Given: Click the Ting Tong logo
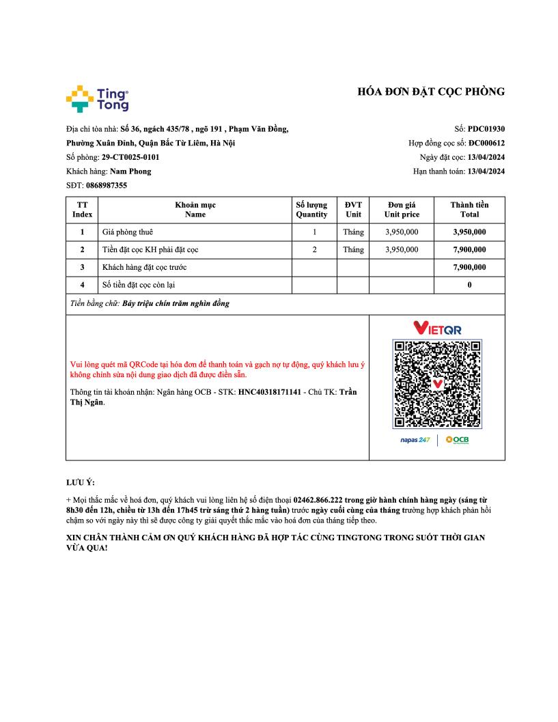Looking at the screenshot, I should pos(97,99).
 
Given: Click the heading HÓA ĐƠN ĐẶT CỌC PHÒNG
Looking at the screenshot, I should pos(431,92).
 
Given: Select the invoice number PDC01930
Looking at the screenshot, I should pos(486,128).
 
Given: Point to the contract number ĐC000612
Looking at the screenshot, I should pos(486,143).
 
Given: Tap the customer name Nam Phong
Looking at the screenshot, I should pos(130,171).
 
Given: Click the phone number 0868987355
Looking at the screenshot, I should pos(107,185).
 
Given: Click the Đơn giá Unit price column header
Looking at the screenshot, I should pos(402,209).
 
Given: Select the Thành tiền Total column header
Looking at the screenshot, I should pos(469,209).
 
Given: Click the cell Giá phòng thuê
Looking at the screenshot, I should pos(128,232).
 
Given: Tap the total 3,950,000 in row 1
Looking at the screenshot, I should pos(469,232).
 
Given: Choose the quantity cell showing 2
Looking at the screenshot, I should pos(314,250).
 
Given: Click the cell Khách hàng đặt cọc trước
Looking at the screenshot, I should pos(144,267).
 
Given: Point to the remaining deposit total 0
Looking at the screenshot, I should pos(469,285).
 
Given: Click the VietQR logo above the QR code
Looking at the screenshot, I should pos(437,329).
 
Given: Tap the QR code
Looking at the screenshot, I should pos(437,384).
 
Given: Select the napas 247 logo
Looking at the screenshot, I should pos(415,440).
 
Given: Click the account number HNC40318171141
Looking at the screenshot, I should pos(269,393).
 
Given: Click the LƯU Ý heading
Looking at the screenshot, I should pos(81,483).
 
